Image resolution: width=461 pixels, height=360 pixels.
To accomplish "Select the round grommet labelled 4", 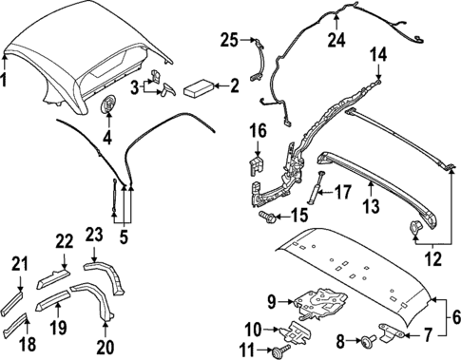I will [x=106, y=106].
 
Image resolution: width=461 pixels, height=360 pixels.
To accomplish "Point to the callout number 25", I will [x=227, y=39].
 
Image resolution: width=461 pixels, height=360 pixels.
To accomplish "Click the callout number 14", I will [x=379, y=54].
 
